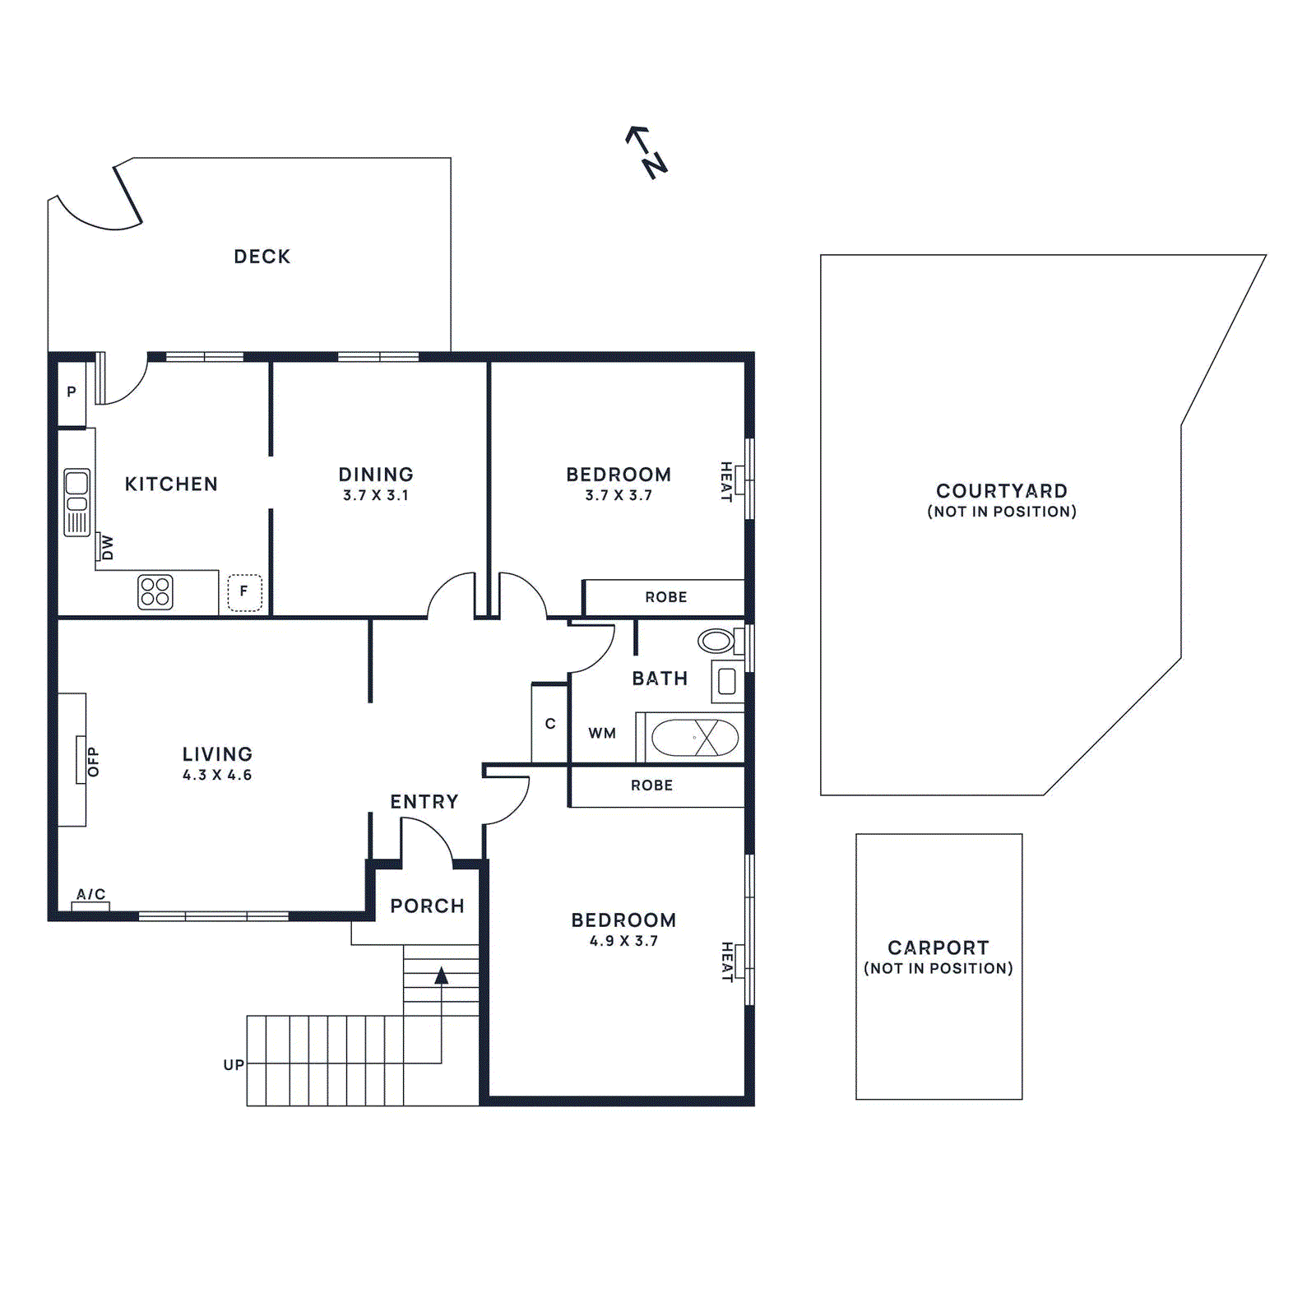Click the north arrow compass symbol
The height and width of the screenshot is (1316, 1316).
click(x=647, y=152)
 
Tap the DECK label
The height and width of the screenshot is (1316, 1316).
click(x=262, y=257)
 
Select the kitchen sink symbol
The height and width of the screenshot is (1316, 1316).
click(x=76, y=502)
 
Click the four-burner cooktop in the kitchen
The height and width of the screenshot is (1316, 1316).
click(x=155, y=591)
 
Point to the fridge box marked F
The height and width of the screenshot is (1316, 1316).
click(x=244, y=591)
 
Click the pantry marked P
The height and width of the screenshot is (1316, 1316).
click(x=72, y=392)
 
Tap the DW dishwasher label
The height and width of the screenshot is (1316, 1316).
click(x=107, y=547)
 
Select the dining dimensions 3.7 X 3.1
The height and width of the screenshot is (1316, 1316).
click(x=376, y=496)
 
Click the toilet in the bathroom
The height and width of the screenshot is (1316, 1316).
click(x=716, y=641)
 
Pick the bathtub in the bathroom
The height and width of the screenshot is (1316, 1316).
click(x=695, y=738)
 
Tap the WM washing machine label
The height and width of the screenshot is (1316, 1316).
click(x=602, y=734)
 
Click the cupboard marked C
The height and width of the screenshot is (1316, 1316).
click(x=550, y=724)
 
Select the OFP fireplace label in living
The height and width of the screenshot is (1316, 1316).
click(x=93, y=761)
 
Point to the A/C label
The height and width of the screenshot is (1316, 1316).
click(x=90, y=894)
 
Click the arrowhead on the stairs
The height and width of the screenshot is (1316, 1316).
click(x=442, y=975)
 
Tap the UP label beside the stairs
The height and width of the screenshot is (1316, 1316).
click(x=234, y=1065)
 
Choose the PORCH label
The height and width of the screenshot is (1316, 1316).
click(x=427, y=906)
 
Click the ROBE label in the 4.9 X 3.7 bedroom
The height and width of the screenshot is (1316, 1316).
click(x=651, y=785)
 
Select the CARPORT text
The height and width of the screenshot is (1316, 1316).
click(x=938, y=948)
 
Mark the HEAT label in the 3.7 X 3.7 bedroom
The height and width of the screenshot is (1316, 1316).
click(x=726, y=481)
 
